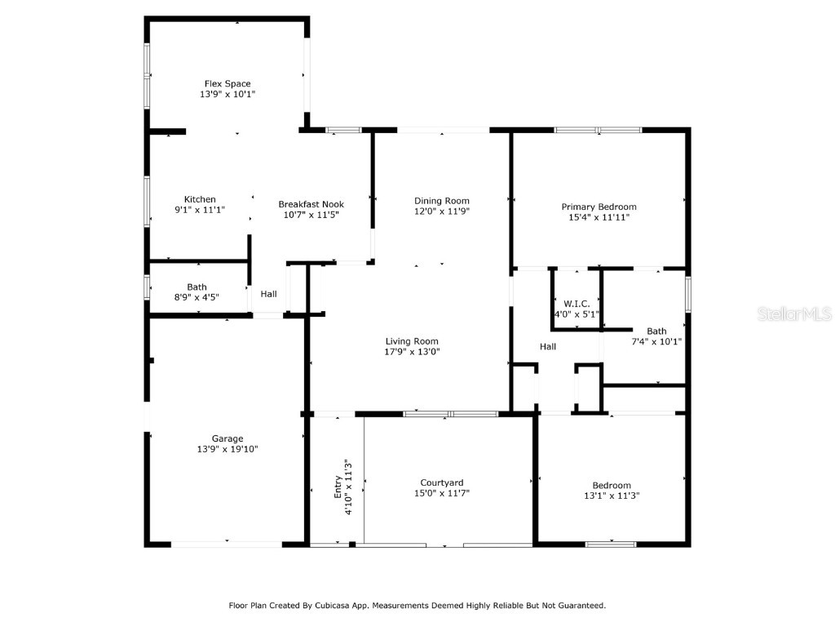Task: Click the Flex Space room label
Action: (x=227, y=83)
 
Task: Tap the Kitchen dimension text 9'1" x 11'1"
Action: (x=200, y=210)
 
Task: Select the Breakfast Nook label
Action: (x=311, y=204)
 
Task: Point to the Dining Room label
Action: (x=442, y=201)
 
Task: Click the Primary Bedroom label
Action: (x=599, y=207)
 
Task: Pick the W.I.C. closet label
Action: (x=577, y=304)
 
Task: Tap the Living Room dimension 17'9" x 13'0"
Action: (x=412, y=352)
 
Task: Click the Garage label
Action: (x=228, y=438)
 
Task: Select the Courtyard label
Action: (x=442, y=482)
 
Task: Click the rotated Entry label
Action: (x=338, y=487)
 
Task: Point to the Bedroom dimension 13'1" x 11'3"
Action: (x=612, y=496)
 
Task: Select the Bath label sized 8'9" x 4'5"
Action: (x=197, y=287)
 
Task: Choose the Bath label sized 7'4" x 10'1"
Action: (x=656, y=331)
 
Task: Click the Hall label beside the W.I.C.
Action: (x=548, y=347)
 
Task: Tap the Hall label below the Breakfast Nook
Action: (x=268, y=294)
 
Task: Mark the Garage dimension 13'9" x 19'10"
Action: (x=228, y=449)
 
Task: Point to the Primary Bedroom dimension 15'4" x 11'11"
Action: (x=599, y=217)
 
